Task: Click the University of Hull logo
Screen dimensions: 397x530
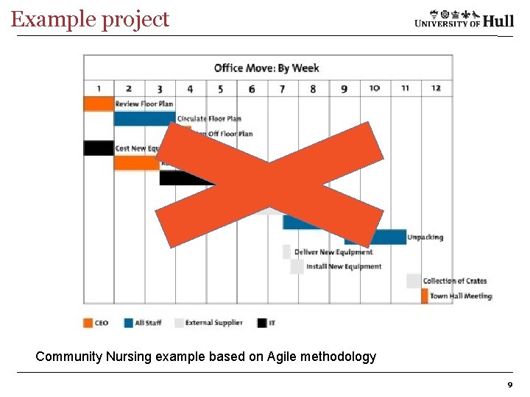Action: pos(464,18)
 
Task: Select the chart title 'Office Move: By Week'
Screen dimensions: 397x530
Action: pos(266,68)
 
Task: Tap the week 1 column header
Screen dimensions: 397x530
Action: pos(99,89)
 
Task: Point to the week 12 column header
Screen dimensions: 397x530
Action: pos(436,89)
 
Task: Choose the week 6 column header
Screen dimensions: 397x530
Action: pos(252,89)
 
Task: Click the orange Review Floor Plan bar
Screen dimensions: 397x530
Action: pos(99,104)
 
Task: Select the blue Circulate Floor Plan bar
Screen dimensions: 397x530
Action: pos(144,118)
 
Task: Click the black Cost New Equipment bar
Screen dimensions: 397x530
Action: pos(99,148)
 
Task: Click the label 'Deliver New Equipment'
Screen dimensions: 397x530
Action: pos(333,252)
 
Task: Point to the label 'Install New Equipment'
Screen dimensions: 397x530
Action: pos(344,266)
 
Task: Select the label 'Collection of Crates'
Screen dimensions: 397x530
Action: pos(454,281)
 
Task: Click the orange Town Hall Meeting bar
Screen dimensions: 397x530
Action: pos(425,296)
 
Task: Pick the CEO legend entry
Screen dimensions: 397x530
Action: pos(96,323)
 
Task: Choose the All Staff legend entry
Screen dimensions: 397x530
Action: pos(143,323)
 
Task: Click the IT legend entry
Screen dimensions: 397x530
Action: pos(266,323)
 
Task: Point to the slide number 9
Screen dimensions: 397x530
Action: pos(509,385)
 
